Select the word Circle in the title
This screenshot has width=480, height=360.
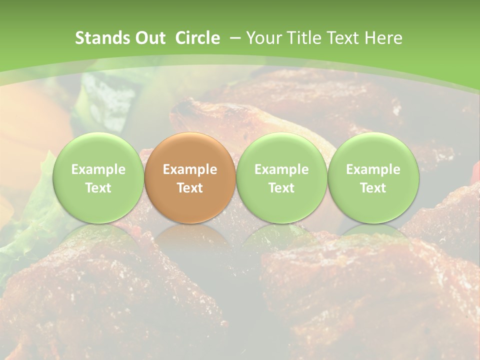197,38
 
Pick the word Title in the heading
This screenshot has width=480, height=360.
303,38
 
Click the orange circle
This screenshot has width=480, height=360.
190,177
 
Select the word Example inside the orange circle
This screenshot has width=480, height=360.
190,169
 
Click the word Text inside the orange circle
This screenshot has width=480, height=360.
190,188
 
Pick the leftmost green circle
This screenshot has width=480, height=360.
98,177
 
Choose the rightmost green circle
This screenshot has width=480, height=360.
373,177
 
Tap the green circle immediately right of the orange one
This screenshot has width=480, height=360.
281,177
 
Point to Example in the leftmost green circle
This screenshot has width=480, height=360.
98,169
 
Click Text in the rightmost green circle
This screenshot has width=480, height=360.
373,188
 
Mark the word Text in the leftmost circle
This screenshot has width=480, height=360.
98,188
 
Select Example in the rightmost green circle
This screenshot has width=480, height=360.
373,169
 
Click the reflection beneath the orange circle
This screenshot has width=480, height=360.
190,235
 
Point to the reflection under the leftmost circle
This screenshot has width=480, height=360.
98,235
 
